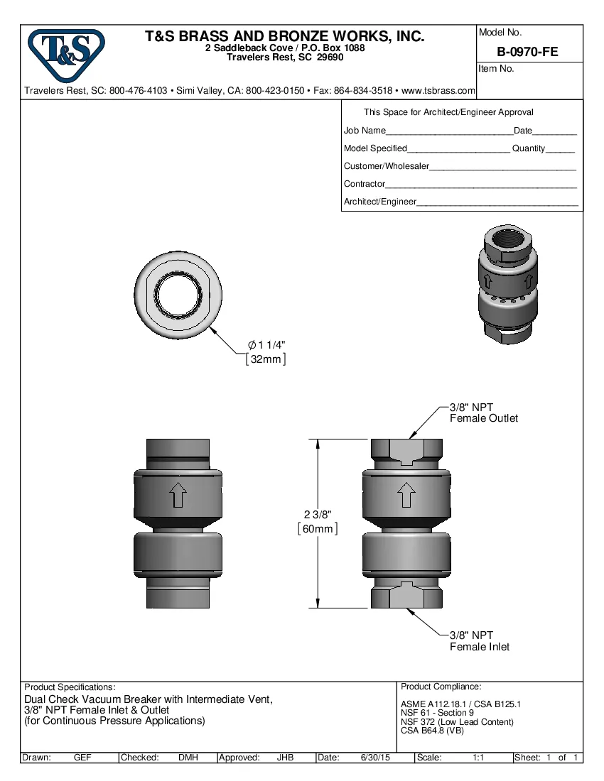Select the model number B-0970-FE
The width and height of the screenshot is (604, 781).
pyautogui.click(x=527, y=51)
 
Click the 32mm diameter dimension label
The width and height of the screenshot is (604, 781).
pyautogui.click(x=266, y=360)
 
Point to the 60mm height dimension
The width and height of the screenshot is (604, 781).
pyautogui.click(x=317, y=529)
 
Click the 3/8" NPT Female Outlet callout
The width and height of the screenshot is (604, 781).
pyautogui.click(x=483, y=413)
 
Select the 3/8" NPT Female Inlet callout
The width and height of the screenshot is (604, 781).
pyautogui.click(x=480, y=641)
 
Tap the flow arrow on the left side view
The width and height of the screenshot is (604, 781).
pyautogui.click(x=178, y=495)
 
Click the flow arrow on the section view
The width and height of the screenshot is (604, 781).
pyautogui.click(x=406, y=495)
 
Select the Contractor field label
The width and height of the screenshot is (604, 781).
pyautogui.click(x=365, y=184)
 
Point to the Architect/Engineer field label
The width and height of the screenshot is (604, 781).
pyautogui.click(x=379, y=202)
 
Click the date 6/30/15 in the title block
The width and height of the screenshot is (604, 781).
pyautogui.click(x=374, y=758)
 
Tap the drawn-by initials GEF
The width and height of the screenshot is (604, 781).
pyautogui.click(x=82, y=758)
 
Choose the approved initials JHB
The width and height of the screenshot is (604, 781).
pyautogui.click(x=285, y=758)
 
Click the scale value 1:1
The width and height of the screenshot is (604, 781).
pyautogui.click(x=479, y=758)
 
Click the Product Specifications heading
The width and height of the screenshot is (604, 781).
pyautogui.click(x=70, y=687)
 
